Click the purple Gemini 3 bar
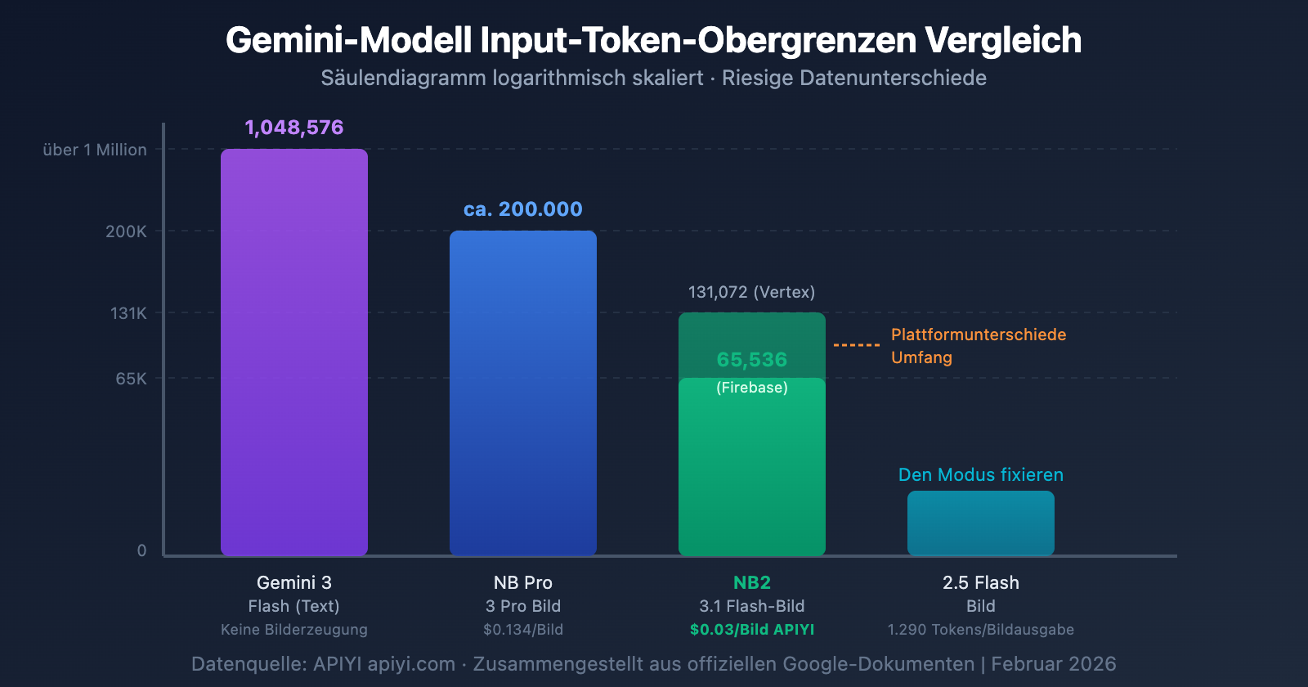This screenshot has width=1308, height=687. pyautogui.click(x=294, y=352)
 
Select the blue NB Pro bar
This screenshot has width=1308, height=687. pyautogui.click(x=523, y=393)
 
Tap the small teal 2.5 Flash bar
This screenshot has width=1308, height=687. pyautogui.click(x=981, y=523)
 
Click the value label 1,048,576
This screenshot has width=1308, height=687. pyautogui.click(x=294, y=128)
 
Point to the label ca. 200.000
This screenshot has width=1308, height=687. pyautogui.click(x=523, y=209)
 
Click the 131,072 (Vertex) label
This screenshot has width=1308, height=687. pyautogui.click(x=751, y=292)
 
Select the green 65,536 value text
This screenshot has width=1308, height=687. pyautogui.click(x=752, y=360)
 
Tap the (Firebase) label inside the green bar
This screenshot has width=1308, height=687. pyautogui.click(x=752, y=388)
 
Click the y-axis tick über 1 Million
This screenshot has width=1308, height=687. pyautogui.click(x=95, y=150)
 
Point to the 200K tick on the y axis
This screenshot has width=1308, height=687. pyautogui.click(x=126, y=231)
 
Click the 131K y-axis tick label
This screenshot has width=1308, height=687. pyautogui.click(x=128, y=313)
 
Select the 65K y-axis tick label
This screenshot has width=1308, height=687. pyautogui.click(x=131, y=379)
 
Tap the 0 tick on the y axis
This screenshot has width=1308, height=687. pyautogui.click(x=141, y=550)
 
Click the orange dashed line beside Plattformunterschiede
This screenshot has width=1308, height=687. pyautogui.click(x=856, y=345)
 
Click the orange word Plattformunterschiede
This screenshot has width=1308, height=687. pyautogui.click(x=979, y=335)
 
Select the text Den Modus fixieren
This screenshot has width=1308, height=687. pyautogui.click(x=981, y=475)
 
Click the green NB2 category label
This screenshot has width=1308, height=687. pyautogui.click(x=752, y=583)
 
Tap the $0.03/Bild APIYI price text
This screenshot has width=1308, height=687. pyautogui.click(x=752, y=630)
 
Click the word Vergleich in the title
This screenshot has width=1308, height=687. pyautogui.click(x=1003, y=40)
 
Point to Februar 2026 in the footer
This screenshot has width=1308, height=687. pyautogui.click(x=1053, y=664)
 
